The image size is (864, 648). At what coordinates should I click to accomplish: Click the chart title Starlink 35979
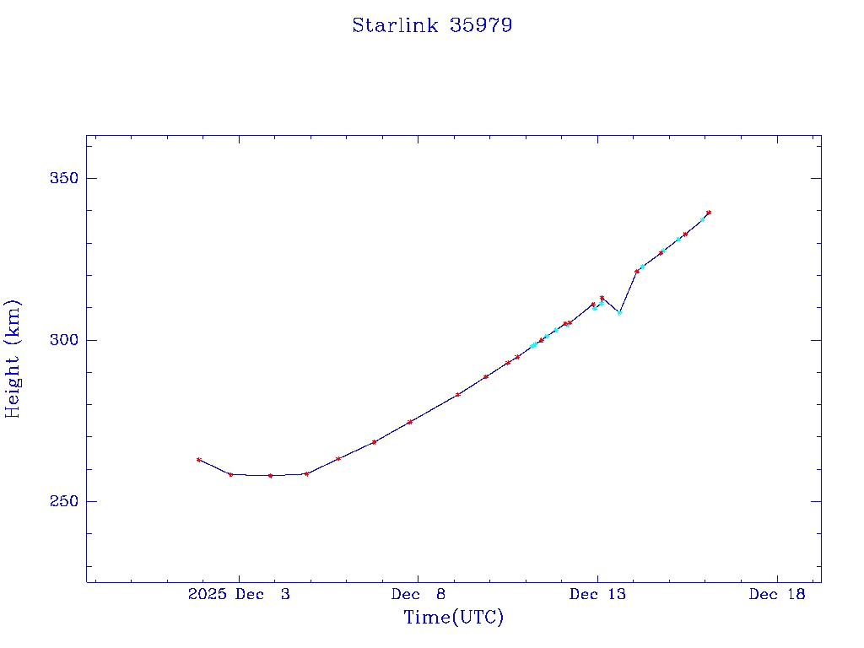click(x=432, y=26)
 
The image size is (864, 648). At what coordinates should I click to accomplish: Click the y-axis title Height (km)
click(x=13, y=359)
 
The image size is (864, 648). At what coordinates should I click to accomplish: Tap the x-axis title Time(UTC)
click(x=454, y=618)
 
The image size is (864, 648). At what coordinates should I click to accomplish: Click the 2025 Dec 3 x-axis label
click(x=239, y=595)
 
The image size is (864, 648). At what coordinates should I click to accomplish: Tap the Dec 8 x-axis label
click(x=418, y=595)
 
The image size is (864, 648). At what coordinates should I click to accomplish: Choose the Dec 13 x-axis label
click(x=598, y=595)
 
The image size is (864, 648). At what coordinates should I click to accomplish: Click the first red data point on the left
click(x=198, y=460)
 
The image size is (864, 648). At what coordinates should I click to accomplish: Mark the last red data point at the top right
click(x=709, y=213)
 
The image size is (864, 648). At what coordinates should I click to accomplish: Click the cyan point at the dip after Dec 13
click(x=619, y=312)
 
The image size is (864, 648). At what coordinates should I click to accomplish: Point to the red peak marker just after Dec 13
click(x=602, y=298)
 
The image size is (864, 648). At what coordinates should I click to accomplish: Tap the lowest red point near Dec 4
click(x=270, y=476)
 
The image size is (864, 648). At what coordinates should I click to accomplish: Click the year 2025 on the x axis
click(x=208, y=595)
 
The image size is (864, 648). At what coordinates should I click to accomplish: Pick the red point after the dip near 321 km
click(x=637, y=271)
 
